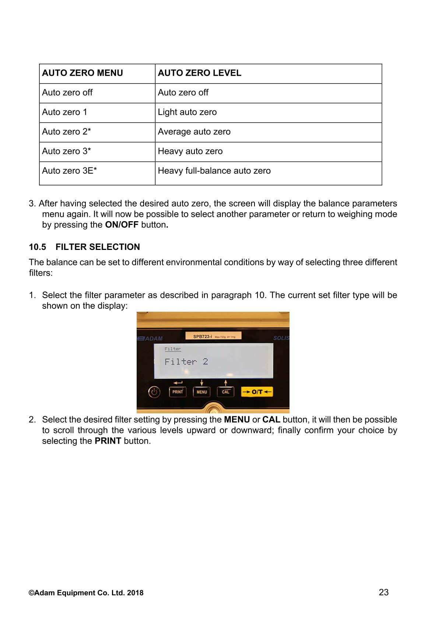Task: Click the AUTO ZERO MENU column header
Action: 83,73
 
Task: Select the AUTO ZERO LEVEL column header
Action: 199,73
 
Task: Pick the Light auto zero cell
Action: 187,112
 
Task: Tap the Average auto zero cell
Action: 194,131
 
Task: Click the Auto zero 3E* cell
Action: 69,171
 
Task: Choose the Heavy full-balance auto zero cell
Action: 214,171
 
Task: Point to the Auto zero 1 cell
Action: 64,112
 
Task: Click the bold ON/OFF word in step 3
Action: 122,225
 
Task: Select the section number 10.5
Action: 38,247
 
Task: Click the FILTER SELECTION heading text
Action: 98,247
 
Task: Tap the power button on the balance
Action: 154,392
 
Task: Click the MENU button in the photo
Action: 201,392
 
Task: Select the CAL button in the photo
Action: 225,392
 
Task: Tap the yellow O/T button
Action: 257,392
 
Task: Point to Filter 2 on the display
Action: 186,362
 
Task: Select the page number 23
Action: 383,592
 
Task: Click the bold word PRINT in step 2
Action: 108,441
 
